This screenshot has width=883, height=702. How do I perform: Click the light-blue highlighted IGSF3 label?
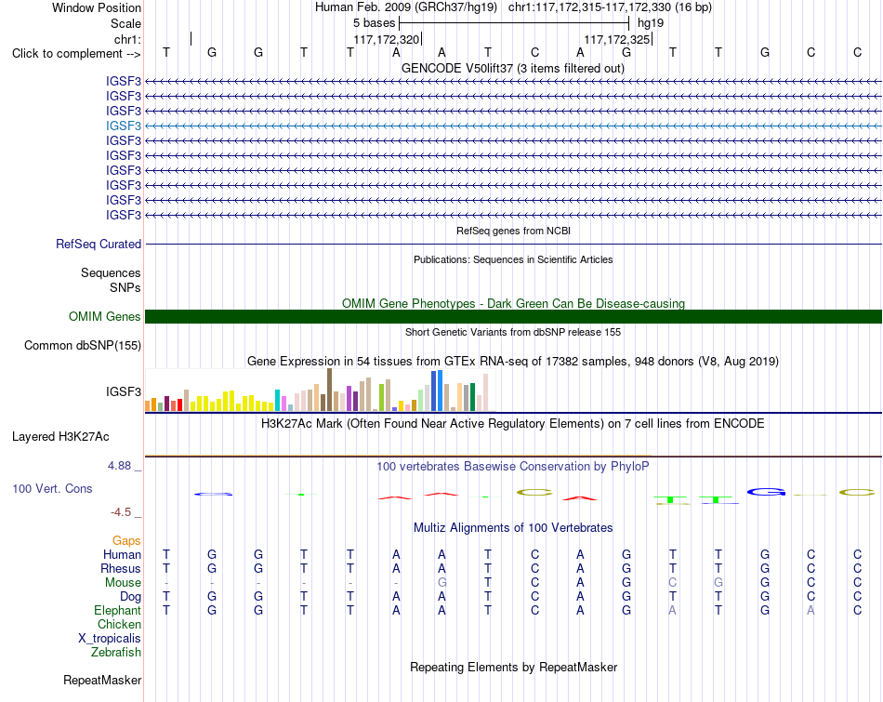[x=124, y=126]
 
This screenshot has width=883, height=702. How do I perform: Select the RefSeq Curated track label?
[x=99, y=244]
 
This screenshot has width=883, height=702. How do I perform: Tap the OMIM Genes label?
[x=105, y=317]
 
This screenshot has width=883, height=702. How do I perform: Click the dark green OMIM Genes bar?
[x=513, y=317]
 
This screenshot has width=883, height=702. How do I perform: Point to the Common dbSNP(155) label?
[x=83, y=345]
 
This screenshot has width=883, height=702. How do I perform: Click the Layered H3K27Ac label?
[x=60, y=437]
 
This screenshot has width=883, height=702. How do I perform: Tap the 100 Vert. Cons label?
[x=52, y=488]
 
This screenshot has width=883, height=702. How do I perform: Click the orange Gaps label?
[x=126, y=541]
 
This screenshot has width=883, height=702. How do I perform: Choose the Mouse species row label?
[x=123, y=583]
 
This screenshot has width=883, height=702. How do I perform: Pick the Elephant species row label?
[x=118, y=611]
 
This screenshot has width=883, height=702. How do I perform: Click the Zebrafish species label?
[x=116, y=653]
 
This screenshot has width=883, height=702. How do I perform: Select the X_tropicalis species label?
[x=110, y=639]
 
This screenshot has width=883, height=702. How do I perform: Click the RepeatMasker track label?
[x=102, y=680]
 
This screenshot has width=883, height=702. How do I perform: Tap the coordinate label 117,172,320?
[x=387, y=40]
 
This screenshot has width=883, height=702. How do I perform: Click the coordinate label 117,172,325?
[x=616, y=40]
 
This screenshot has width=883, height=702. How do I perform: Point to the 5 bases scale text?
[x=374, y=23]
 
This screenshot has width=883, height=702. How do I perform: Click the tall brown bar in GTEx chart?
[x=329, y=390]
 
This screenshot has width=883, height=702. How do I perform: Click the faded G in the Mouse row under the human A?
[x=442, y=583]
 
